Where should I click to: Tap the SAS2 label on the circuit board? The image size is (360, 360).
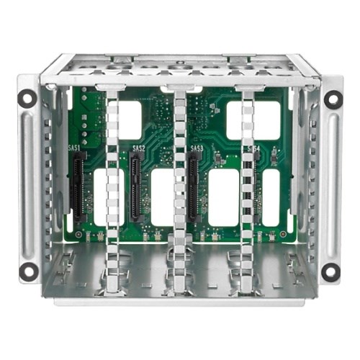coord(139,148)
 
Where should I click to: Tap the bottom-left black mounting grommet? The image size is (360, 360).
coord(28,271)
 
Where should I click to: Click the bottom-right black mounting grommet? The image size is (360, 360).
coord(330,271)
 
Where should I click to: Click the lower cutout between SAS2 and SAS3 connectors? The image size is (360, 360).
coord(163,197)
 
